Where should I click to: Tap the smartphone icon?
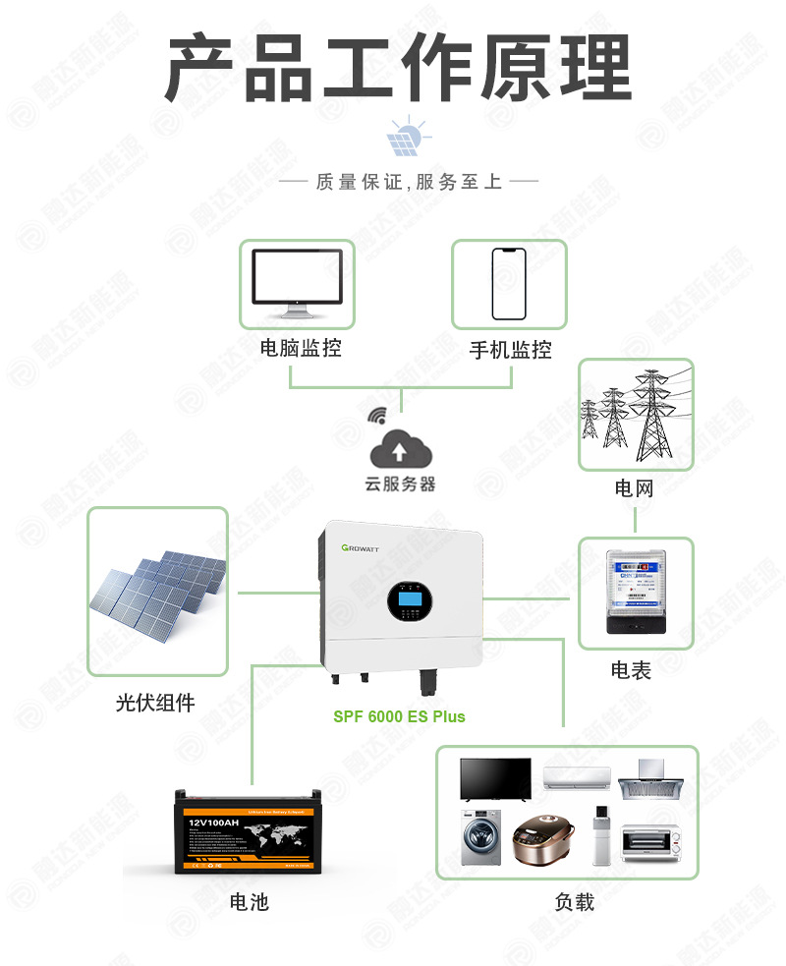point(509,283)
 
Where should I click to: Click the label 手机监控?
point(510,350)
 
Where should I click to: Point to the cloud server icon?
point(400,450)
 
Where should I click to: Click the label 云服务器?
point(400,484)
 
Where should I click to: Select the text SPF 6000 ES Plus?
point(399,716)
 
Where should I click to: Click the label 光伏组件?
point(155,703)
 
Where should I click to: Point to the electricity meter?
point(634,593)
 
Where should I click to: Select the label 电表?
point(631,670)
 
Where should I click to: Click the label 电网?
point(634,488)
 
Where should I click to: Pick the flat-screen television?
point(495,778)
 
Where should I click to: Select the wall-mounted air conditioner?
point(577,777)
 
